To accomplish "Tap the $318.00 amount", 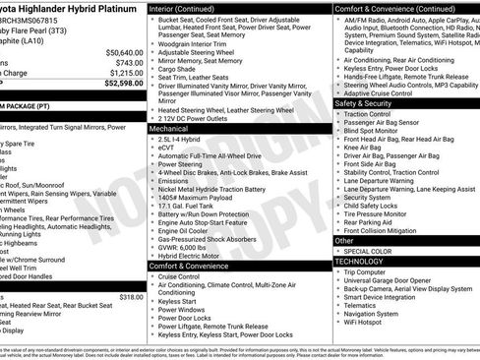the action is (x=131, y=297).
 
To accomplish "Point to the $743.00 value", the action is (x=129, y=62).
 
